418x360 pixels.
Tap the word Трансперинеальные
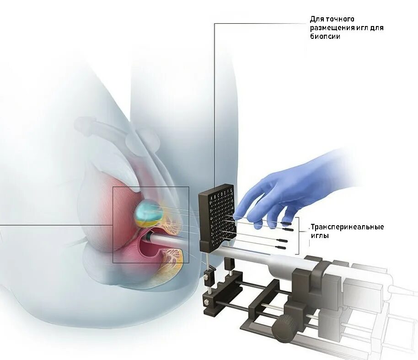click(347, 227)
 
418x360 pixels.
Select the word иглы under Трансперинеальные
click(320, 236)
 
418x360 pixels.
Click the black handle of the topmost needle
click(286, 223)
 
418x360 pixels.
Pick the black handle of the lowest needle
click(282, 247)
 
